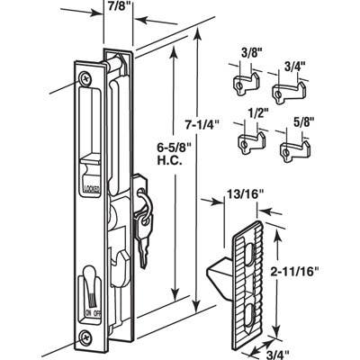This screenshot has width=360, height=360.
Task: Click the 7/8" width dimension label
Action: click(x=118, y=6)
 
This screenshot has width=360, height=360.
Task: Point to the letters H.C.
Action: click(x=170, y=162)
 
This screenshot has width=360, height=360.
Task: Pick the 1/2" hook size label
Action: click(x=256, y=113)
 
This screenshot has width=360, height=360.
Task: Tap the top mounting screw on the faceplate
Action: click(x=85, y=78)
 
